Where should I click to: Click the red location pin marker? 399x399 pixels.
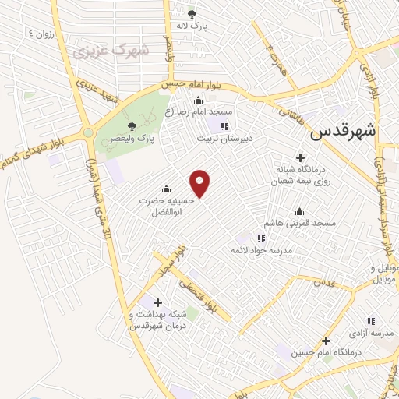pyautogui.click(x=201, y=183)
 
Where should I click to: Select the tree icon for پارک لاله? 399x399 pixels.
pyautogui.click(x=192, y=13)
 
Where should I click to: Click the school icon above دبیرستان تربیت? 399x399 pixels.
pyautogui.click(x=225, y=126)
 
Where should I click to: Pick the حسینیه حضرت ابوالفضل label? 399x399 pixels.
pyautogui.click(x=165, y=205)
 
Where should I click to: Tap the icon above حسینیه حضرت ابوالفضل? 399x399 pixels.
pyautogui.click(x=165, y=189)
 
